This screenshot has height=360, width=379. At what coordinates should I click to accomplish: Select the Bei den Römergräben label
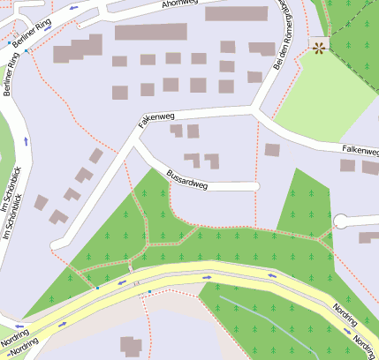point(285,35)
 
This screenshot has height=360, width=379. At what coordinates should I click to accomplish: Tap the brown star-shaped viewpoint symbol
point(318,47)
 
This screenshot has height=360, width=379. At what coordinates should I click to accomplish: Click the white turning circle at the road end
point(341,221)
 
